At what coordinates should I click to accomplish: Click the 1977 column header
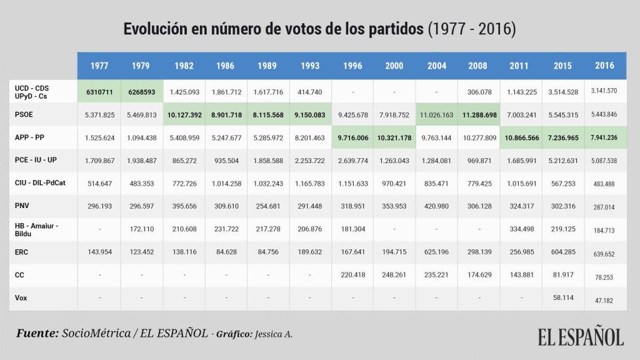point(99,66)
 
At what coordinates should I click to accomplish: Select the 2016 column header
point(604,66)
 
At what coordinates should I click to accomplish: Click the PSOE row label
point(24,114)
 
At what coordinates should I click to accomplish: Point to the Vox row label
point(21,298)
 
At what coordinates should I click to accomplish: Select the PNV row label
point(22,206)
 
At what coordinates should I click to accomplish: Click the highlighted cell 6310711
point(99,92)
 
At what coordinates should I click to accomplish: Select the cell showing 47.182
point(604,300)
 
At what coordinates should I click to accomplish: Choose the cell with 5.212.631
point(562,161)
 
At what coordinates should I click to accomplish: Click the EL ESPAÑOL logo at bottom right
point(581,336)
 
